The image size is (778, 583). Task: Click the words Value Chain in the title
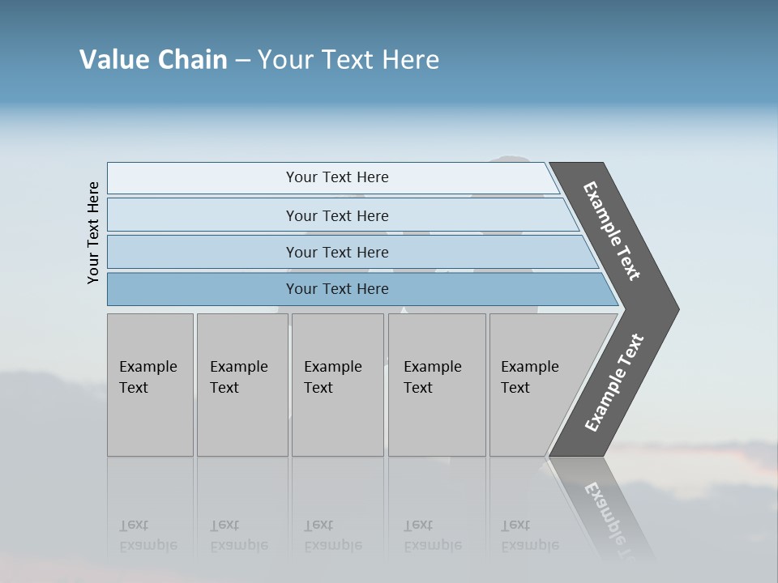(x=153, y=60)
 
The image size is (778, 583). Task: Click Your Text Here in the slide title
(x=348, y=60)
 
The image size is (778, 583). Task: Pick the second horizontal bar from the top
(x=336, y=215)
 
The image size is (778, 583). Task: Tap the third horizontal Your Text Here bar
(x=336, y=252)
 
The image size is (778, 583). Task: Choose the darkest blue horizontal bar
(x=336, y=289)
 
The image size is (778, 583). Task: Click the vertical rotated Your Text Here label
(x=93, y=233)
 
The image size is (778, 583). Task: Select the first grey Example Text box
(x=150, y=385)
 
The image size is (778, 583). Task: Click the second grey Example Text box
(x=242, y=385)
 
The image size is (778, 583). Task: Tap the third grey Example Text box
(x=336, y=385)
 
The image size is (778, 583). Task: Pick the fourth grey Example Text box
(x=436, y=385)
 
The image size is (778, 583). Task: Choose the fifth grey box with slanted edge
(x=535, y=385)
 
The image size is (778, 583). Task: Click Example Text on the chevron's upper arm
(x=612, y=231)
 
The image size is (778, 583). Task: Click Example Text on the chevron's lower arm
(x=614, y=383)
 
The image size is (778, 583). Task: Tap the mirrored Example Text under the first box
(x=147, y=535)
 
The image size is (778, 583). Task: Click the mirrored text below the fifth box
(x=530, y=535)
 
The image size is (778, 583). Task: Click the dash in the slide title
(x=242, y=61)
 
